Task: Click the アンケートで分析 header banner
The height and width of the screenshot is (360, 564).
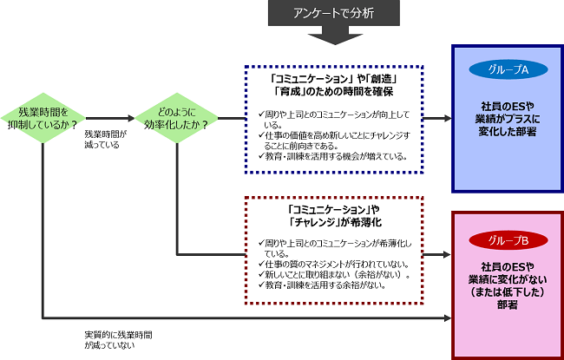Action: pyautogui.click(x=334, y=13)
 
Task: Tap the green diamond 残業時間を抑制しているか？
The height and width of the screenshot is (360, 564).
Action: pyautogui.click(x=43, y=118)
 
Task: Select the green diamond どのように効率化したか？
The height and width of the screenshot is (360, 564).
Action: pyautogui.click(x=176, y=118)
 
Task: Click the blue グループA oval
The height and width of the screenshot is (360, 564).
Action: pyautogui.click(x=508, y=69)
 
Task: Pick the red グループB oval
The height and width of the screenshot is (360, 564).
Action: pyautogui.click(x=508, y=240)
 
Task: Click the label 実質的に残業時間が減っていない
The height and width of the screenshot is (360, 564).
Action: pyautogui.click(x=118, y=340)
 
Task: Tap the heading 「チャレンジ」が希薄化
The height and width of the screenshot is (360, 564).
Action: pyautogui.click(x=335, y=222)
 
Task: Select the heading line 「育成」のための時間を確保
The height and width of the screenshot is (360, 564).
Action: pyautogui.click(x=333, y=92)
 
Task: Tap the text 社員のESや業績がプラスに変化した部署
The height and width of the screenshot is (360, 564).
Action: pyautogui.click(x=508, y=119)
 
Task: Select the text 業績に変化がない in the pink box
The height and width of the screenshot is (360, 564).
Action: pyautogui.click(x=508, y=279)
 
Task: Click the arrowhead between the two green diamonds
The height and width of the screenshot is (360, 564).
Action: pyautogui.click(x=131, y=118)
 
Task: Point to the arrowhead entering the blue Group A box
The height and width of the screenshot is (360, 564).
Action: pyautogui.click(x=448, y=118)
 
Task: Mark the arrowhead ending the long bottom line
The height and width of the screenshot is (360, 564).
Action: pyautogui.click(x=448, y=317)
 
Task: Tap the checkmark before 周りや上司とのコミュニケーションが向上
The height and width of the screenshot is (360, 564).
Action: pyautogui.click(x=261, y=115)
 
